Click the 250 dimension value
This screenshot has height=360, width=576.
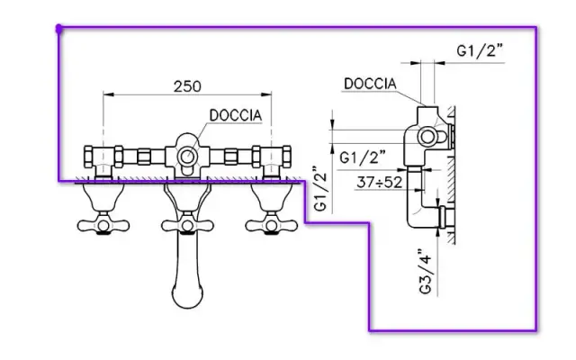[187, 86]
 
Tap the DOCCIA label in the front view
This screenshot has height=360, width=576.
[236, 115]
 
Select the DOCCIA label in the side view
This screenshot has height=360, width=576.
[370, 84]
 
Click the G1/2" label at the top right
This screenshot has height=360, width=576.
[479, 51]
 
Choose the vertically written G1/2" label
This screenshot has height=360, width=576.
[319, 190]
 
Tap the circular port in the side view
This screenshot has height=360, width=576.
[430, 137]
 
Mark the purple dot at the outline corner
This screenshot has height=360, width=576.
[59, 29]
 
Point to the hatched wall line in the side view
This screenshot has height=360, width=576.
[452, 180]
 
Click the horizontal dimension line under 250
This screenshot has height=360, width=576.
[187, 95]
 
